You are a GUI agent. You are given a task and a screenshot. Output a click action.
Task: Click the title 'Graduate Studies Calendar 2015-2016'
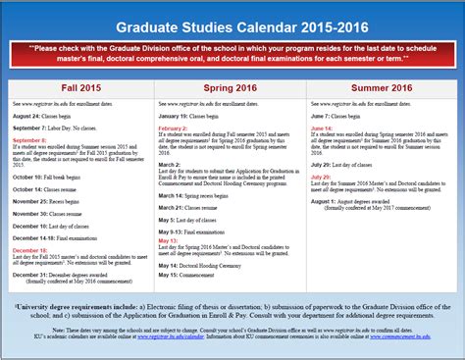[232, 28]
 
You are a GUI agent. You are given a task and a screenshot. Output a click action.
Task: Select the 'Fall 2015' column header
[80, 86]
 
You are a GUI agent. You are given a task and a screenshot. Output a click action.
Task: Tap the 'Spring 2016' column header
[232, 86]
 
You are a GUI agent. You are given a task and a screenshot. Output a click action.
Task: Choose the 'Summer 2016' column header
[382, 86]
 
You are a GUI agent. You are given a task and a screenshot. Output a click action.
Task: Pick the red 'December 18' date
[30, 250]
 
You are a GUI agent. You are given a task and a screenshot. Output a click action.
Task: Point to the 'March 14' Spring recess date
[174, 194]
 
